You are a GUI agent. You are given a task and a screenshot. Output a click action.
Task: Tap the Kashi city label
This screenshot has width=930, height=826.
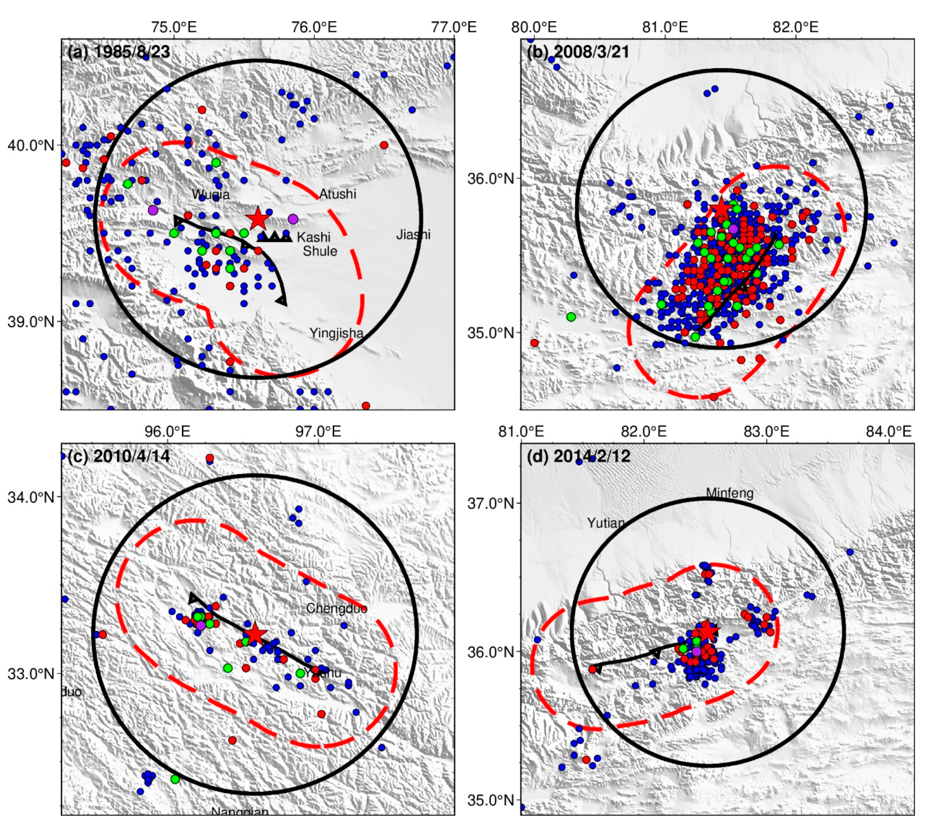(x=313, y=237)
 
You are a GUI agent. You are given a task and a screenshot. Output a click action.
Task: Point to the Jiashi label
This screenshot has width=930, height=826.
(x=413, y=235)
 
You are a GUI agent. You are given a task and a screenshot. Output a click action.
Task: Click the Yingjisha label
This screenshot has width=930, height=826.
(x=336, y=333)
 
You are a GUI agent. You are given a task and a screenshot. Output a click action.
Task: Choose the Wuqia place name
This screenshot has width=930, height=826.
(x=211, y=195)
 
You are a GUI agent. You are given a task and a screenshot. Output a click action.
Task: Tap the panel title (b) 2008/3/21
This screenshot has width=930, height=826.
(x=578, y=52)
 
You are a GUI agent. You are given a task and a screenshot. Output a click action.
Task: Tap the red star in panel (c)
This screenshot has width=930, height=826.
(x=255, y=634)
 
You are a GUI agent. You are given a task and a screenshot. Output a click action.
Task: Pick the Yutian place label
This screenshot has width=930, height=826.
(x=606, y=523)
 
